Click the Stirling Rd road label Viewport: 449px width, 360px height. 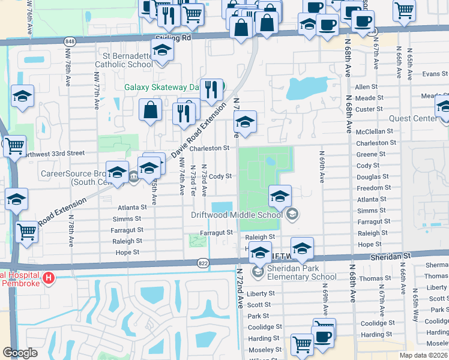tap(172, 37)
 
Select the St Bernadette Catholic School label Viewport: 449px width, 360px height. tap(124, 60)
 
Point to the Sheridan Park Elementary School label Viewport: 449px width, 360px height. tap(303, 272)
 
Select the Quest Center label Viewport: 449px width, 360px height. tap(413, 119)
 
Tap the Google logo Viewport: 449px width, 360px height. tap(20, 352)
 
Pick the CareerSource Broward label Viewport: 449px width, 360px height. tap(71, 178)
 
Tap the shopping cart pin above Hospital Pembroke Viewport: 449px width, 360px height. tap(25, 230)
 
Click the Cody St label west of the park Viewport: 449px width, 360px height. tap(220, 176)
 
